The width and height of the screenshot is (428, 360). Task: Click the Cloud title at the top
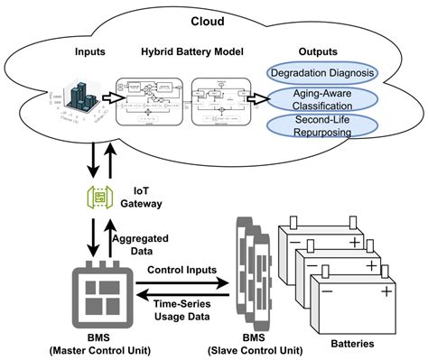tap(214, 20)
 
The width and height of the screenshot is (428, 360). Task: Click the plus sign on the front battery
tap(387, 291)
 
